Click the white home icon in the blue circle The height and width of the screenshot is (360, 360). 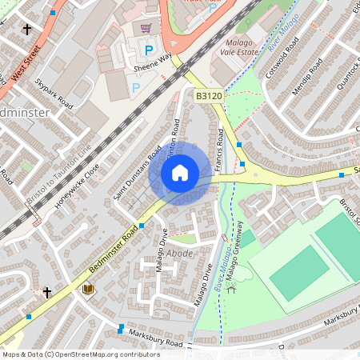(x=180, y=173)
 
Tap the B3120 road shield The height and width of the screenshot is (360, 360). (x=208, y=95)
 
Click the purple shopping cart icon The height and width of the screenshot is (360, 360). (x=146, y=28)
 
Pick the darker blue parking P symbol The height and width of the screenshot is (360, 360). (x=148, y=50)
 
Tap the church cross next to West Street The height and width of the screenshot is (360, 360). (x=28, y=30)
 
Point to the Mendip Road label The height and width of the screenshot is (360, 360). (x=305, y=77)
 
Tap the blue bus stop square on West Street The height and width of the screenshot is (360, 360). (x=53, y=13)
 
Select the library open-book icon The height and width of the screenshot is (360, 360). (x=87, y=289)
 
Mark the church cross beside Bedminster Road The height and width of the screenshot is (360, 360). (x=47, y=293)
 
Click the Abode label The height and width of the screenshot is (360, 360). (x=178, y=254)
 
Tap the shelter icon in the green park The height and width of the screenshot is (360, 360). (x=232, y=288)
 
